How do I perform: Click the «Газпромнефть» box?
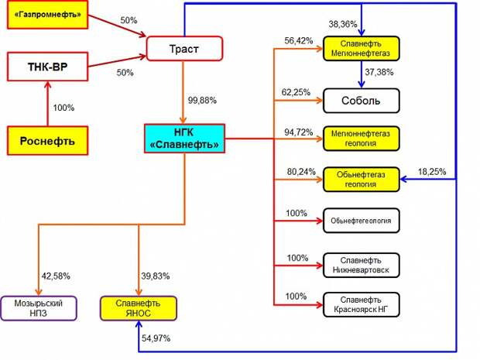(47, 15)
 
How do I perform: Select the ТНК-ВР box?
(47, 67)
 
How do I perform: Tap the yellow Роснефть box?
(47, 141)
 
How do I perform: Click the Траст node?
(184, 49)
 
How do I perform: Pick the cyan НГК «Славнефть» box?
(184, 139)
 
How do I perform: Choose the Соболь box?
(362, 101)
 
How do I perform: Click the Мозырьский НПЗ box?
(39, 308)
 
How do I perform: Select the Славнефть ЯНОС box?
(139, 308)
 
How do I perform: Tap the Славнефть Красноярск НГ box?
(362, 304)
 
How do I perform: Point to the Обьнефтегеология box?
(362, 221)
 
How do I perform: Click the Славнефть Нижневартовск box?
(362, 265)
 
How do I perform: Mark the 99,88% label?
(202, 101)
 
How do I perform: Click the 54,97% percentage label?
(156, 338)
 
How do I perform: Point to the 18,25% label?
(432, 172)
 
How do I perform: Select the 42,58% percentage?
(56, 276)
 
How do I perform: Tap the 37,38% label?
(379, 72)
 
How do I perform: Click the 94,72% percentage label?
(299, 132)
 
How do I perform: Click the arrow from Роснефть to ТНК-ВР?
(47, 104)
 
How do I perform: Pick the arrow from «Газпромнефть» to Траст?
(117, 26)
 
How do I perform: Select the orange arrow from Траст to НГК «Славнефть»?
(183, 92)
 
